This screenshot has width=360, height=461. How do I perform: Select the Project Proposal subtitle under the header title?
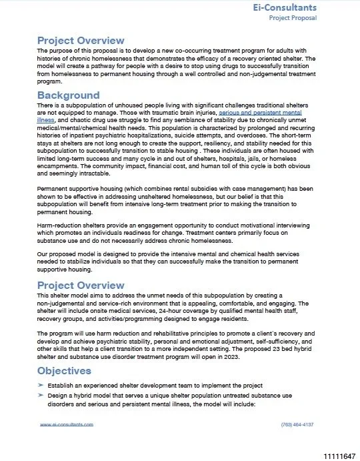click(293, 18)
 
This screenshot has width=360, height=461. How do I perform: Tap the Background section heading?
click(68, 95)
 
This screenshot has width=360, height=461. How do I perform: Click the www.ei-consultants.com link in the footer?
click(67, 424)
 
